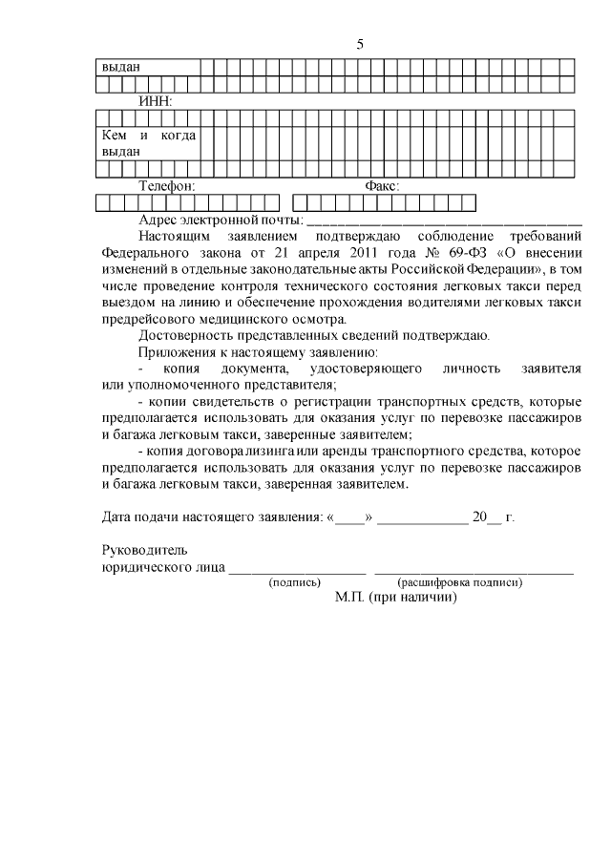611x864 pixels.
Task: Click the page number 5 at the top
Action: click(360, 44)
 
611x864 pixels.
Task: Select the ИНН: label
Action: click(155, 100)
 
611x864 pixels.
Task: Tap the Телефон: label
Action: click(167, 186)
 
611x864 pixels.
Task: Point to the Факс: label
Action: click(382, 186)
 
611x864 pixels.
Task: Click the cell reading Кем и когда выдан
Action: click(148, 143)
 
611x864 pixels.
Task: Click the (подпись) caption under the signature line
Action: click(295, 581)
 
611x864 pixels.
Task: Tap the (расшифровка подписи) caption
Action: click(459, 581)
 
